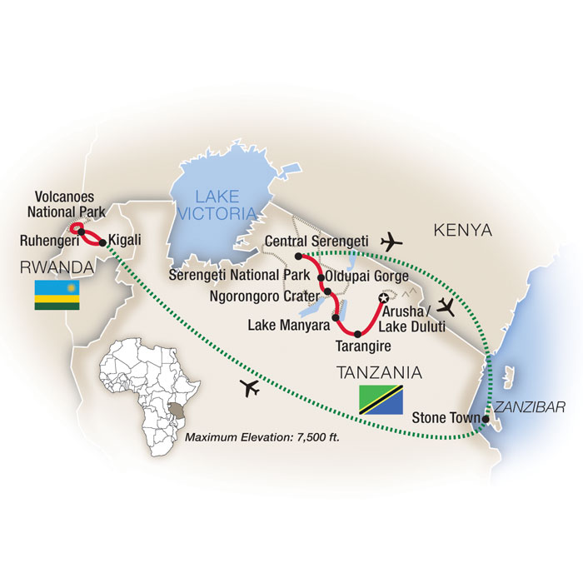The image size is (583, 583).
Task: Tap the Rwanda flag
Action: pyautogui.click(x=56, y=296)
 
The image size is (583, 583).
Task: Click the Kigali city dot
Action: pyautogui.click(x=102, y=243)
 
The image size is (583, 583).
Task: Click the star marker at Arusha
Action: pyautogui.click(x=384, y=298)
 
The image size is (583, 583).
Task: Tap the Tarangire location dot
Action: pyautogui.click(x=358, y=334)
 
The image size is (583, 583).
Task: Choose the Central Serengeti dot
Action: pyautogui.click(x=297, y=256)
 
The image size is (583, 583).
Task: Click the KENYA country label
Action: pyautogui.click(x=462, y=230)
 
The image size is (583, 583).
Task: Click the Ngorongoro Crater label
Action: pyautogui.click(x=263, y=295)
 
